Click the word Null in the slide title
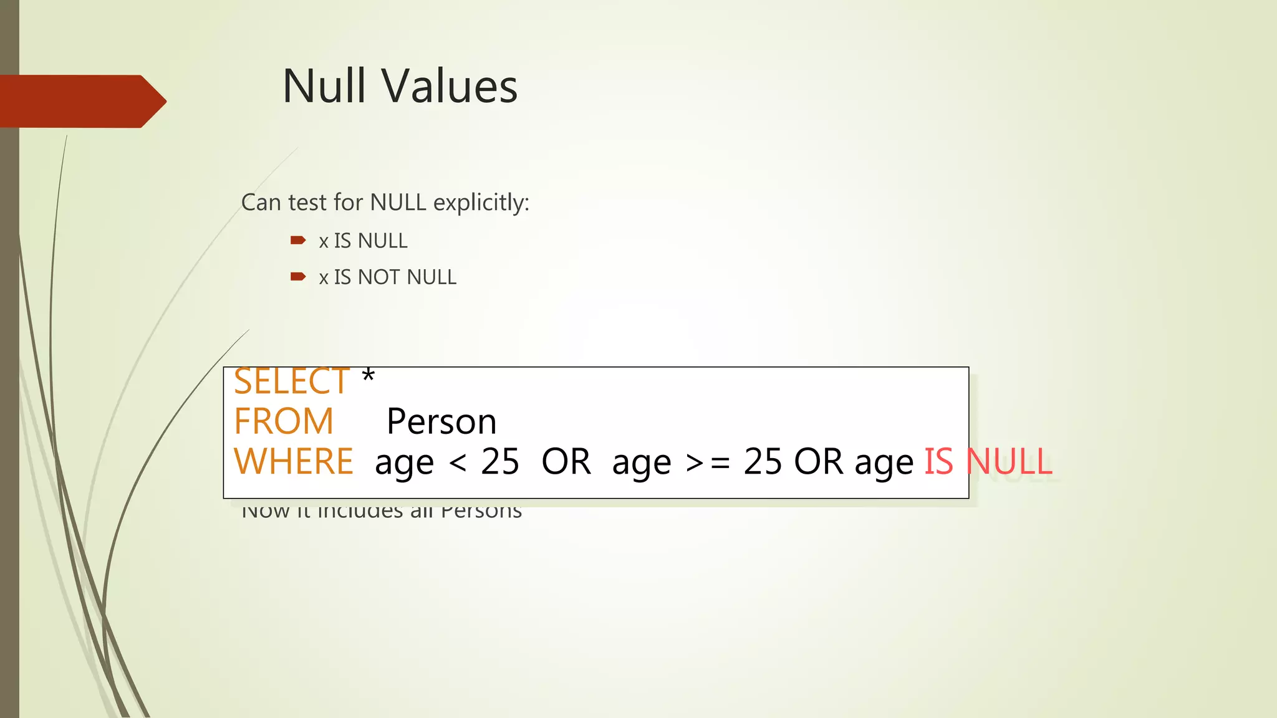(324, 86)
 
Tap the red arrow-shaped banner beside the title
(81, 101)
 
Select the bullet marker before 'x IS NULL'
(298, 240)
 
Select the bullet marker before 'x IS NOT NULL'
(298, 276)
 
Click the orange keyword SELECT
(291, 381)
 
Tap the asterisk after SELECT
(368, 376)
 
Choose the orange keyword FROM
(284, 421)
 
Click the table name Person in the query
(441, 421)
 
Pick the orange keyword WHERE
(293, 462)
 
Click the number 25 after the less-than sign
(500, 462)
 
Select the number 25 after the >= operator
(763, 462)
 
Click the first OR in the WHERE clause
(566, 462)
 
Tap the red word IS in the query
(938, 462)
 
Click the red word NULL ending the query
(1009, 462)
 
